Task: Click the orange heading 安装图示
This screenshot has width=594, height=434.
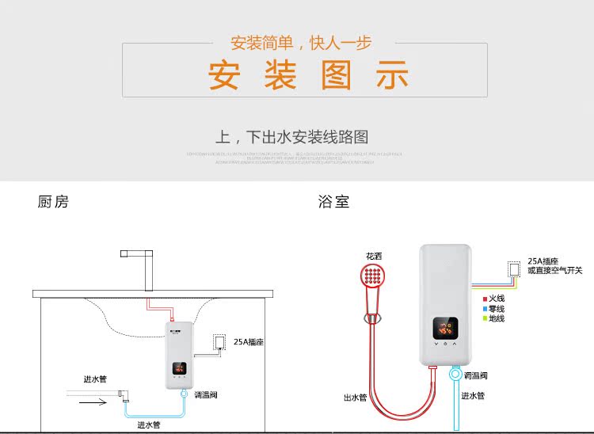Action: coord(309,77)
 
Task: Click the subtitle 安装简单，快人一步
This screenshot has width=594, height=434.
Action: coord(301,43)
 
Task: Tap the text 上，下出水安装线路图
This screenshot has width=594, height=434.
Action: coord(292,137)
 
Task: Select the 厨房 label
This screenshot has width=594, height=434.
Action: coord(53,202)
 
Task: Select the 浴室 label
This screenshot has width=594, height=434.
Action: coord(333,202)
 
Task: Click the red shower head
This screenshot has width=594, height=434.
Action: coord(371,278)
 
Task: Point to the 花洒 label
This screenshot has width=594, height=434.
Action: coord(374,257)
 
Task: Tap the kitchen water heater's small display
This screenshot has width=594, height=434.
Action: coord(180,368)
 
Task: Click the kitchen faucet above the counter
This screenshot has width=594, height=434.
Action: coord(144,268)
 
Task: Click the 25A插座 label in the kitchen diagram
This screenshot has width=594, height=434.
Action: coord(249,343)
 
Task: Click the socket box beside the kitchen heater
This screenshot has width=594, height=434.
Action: coord(219,342)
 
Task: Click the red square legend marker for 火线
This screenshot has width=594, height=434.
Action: coord(485,299)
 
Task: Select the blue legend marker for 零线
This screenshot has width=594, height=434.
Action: coord(485,309)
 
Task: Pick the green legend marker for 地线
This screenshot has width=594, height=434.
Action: coord(485,318)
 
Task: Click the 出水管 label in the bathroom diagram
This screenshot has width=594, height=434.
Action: coord(355,398)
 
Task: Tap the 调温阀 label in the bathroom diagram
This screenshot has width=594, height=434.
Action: coord(477,375)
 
